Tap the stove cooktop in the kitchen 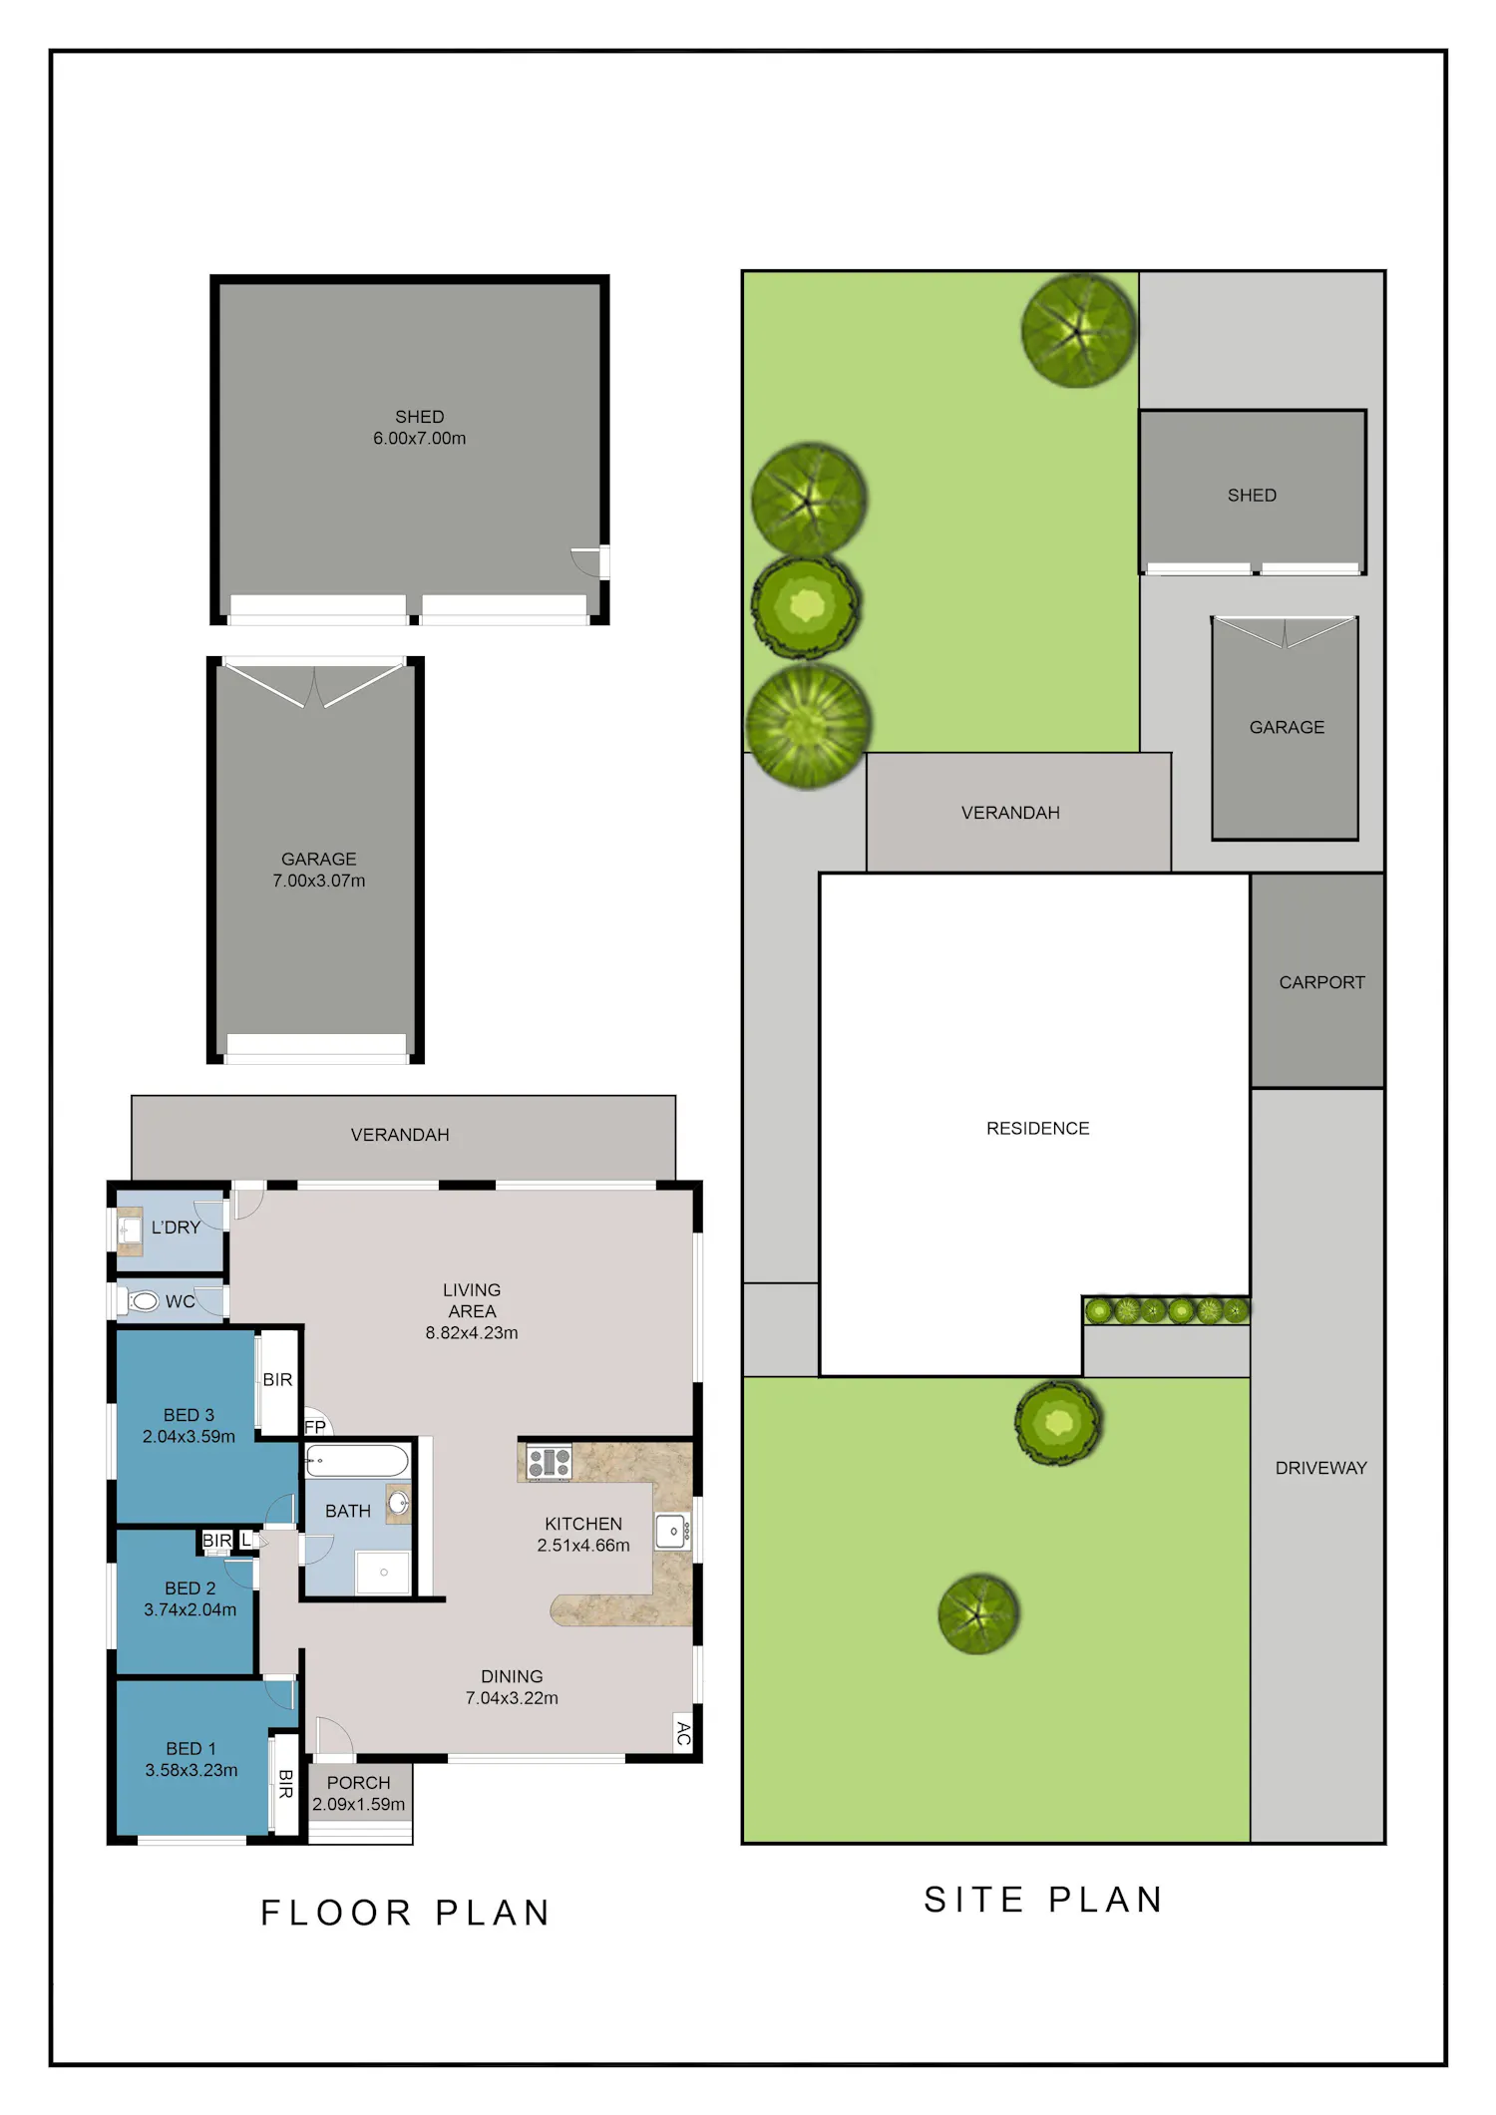pyautogui.click(x=550, y=1462)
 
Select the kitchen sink pyautogui.click(x=673, y=1531)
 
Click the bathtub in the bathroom pyautogui.click(x=357, y=1461)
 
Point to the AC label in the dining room pyautogui.click(x=683, y=1734)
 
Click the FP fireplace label pyautogui.click(x=315, y=1427)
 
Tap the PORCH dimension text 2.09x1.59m pyautogui.click(x=359, y=1804)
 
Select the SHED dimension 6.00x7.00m pyautogui.click(x=420, y=438)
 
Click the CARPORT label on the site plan pyautogui.click(x=1322, y=982)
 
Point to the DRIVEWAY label pyautogui.click(x=1321, y=1468)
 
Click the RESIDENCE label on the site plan pyautogui.click(x=1038, y=1128)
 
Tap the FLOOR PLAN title pyautogui.click(x=406, y=1913)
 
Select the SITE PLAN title pyautogui.click(x=1044, y=1900)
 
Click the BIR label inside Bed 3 pyautogui.click(x=277, y=1379)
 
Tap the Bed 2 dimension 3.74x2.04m pyautogui.click(x=190, y=1609)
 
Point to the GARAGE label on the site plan pyautogui.click(x=1288, y=727)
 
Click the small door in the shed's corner pyautogui.click(x=588, y=562)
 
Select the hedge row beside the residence pyautogui.click(x=1167, y=1309)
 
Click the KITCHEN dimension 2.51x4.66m pyautogui.click(x=583, y=1545)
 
